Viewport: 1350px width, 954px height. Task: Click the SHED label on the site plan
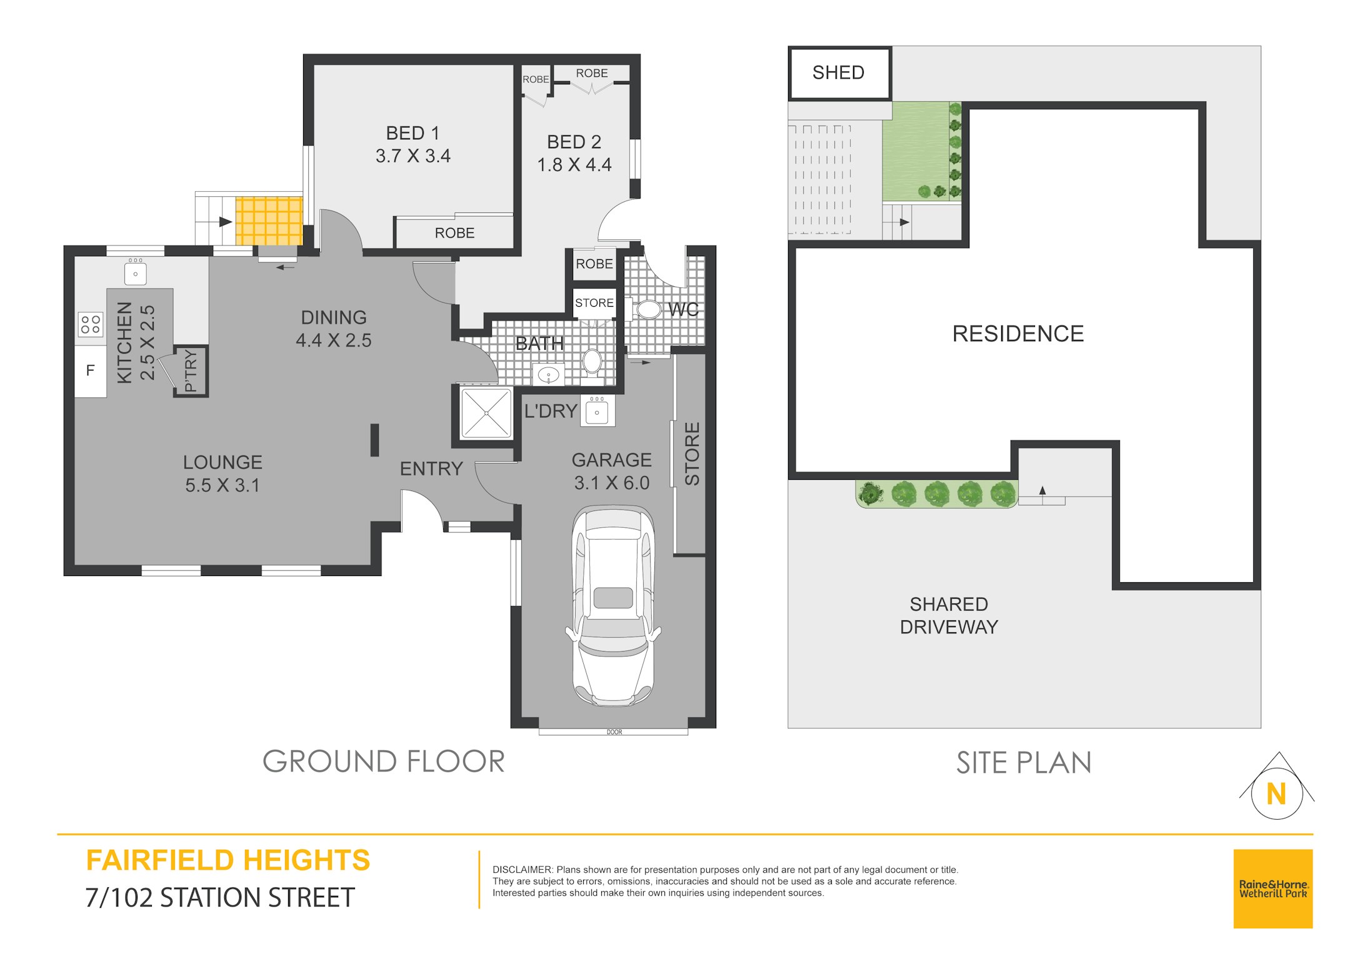click(838, 72)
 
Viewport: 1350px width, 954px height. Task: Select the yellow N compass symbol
click(1276, 793)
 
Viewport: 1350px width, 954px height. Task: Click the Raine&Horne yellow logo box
click(1273, 888)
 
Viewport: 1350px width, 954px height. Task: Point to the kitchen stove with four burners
click(90, 324)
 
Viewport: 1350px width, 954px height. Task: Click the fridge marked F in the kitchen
click(91, 370)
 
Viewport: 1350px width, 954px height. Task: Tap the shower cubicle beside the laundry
click(486, 413)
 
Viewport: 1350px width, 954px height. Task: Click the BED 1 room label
click(413, 133)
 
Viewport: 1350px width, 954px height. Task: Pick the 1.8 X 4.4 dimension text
click(574, 164)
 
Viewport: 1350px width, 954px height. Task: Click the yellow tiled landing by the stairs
click(269, 221)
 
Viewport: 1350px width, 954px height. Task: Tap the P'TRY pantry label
click(191, 370)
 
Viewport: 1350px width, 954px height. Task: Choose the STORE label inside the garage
click(692, 454)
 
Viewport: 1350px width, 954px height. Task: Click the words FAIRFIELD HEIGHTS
click(228, 860)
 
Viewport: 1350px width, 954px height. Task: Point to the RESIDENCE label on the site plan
click(1018, 334)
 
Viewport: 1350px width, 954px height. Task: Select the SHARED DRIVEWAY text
click(949, 615)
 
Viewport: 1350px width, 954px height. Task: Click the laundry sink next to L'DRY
click(597, 410)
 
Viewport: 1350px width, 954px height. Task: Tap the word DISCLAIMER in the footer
click(522, 870)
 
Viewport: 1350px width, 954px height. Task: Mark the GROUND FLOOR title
click(384, 762)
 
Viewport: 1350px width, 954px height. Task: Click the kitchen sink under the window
click(136, 272)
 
